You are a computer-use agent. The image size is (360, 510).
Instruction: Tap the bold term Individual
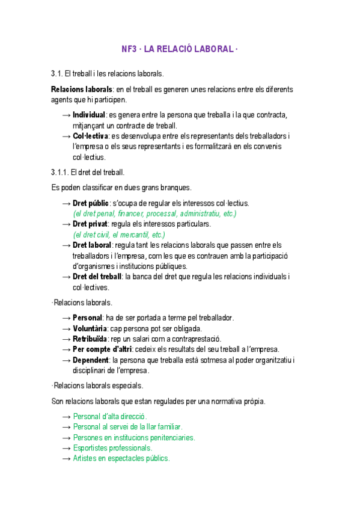[x=89, y=115]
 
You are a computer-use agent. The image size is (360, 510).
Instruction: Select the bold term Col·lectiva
[x=91, y=137]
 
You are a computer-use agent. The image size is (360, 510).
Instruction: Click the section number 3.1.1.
[x=61, y=173]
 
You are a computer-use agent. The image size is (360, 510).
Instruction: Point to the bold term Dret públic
[x=91, y=203]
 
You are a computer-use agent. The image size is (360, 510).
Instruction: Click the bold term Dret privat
[x=90, y=224]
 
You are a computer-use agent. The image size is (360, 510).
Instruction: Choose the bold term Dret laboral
[x=92, y=245]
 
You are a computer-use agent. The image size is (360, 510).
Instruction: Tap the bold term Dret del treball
[x=97, y=277]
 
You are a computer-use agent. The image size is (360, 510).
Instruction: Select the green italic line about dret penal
[x=154, y=214]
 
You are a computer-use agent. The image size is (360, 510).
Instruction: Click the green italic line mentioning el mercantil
[x=119, y=235]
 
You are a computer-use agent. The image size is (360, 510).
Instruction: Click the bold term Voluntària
[x=90, y=328]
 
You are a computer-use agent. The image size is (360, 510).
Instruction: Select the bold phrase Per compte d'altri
[x=102, y=349]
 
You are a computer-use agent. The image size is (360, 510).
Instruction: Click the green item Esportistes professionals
[x=112, y=448]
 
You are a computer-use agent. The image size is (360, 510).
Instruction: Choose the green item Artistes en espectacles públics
[x=121, y=458]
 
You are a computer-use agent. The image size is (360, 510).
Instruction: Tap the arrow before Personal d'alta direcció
[x=66, y=416]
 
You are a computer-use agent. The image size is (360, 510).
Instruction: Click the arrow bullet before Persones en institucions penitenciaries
[x=66, y=437]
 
